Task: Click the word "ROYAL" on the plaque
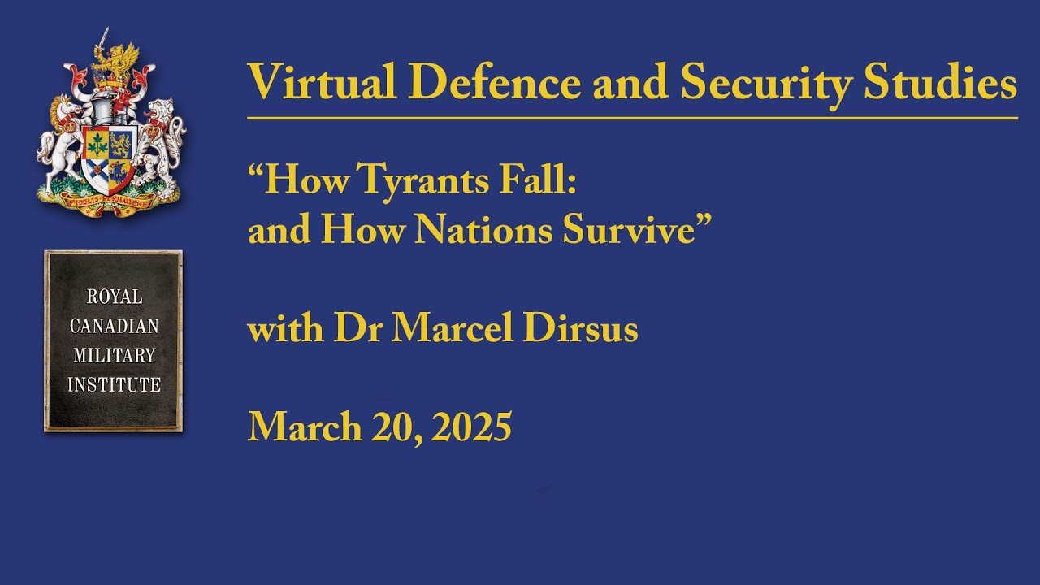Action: [113, 297]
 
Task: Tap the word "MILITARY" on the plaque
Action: [113, 355]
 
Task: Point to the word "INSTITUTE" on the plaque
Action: [113, 384]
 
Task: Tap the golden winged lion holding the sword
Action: [114, 61]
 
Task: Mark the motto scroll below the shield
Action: [110, 201]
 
